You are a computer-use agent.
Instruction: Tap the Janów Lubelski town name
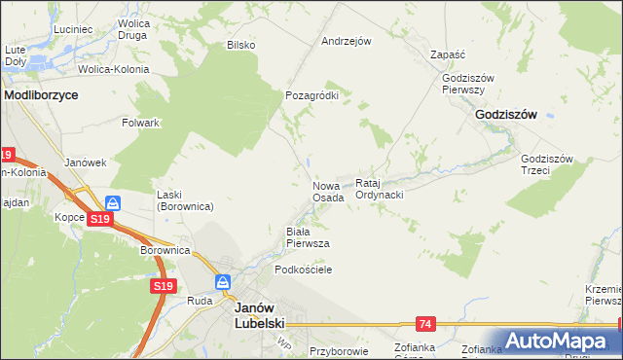point(258,312)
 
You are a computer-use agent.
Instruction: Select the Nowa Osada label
point(328,191)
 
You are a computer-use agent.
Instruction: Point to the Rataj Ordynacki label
point(380,189)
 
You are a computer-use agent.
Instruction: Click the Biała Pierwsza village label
point(307,236)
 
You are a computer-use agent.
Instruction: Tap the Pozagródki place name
point(311,96)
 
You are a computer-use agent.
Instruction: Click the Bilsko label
point(240,45)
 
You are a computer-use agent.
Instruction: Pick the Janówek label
point(84,162)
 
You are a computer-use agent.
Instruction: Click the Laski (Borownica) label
point(185,200)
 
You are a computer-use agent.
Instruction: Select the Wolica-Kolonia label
point(114,70)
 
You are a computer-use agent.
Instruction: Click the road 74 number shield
point(425,323)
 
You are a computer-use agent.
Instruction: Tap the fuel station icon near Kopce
point(113,203)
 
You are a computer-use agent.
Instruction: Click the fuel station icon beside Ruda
point(223,282)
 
